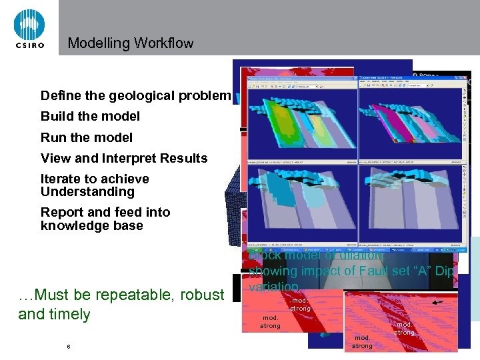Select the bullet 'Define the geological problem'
(x=135, y=95)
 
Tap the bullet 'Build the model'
(x=90, y=116)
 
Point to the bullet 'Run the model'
(x=87, y=137)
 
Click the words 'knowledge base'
(x=92, y=225)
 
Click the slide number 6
(x=68, y=347)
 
